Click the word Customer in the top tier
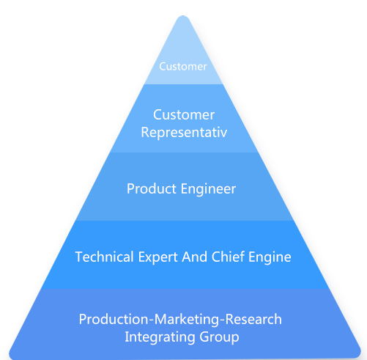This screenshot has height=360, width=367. click(183, 67)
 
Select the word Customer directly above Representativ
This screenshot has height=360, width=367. click(184, 115)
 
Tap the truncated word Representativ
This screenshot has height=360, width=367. click(184, 133)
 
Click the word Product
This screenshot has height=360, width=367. click(152, 188)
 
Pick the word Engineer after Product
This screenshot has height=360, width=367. click(208, 189)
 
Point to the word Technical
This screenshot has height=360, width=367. click(105, 257)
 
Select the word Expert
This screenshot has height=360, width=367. click(158, 257)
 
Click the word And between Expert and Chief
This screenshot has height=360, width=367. click(195, 257)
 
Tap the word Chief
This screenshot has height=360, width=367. click(228, 257)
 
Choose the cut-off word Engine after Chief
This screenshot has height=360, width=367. click(270, 257)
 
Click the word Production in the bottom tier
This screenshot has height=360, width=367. click(114, 319)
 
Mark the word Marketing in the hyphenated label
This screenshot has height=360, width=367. click(187, 320)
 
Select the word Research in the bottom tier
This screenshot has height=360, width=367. click(253, 319)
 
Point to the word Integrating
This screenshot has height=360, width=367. click(160, 337)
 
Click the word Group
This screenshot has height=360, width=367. click(219, 337)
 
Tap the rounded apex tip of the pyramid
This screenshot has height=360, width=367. click(183, 17)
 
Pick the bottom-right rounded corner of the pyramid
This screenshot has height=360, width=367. click(358, 354)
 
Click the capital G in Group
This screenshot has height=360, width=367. click(204, 337)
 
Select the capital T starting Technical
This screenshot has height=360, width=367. click(80, 257)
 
